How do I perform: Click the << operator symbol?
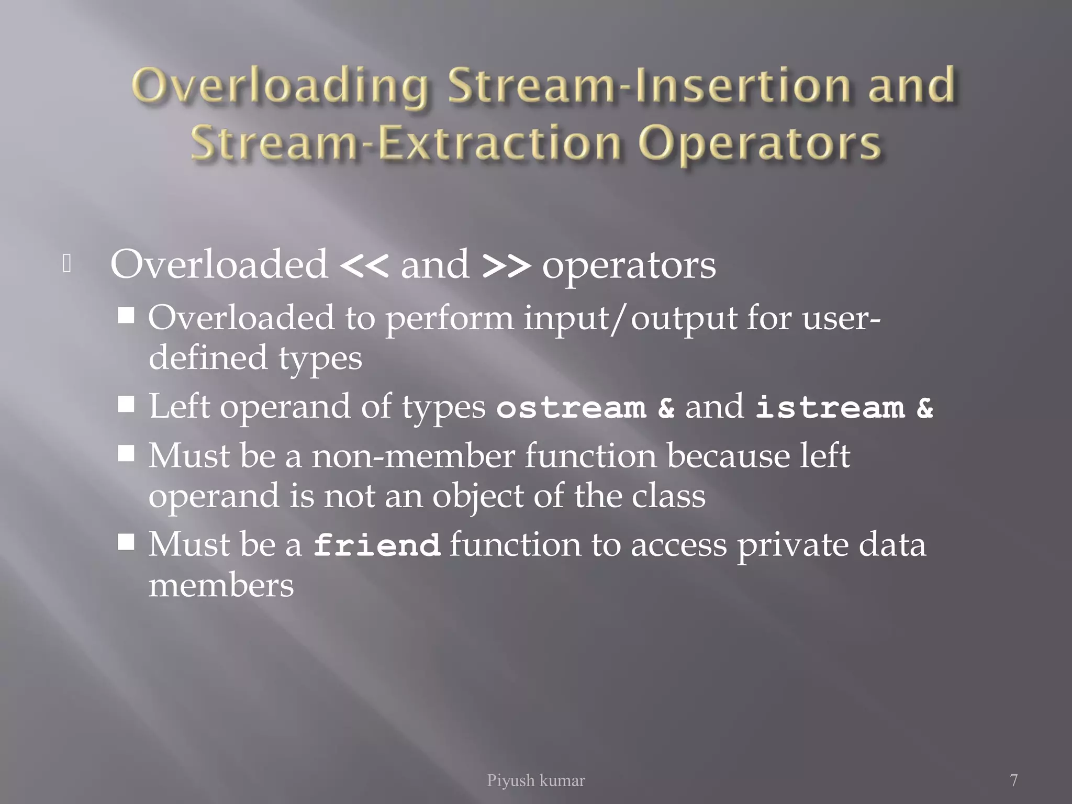point(364,266)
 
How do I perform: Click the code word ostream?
point(571,408)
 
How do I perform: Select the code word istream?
point(830,408)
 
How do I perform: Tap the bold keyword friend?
point(376,545)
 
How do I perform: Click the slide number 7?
point(1014,780)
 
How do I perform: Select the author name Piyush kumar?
point(535,780)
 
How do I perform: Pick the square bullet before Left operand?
point(126,404)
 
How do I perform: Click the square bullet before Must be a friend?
point(126,542)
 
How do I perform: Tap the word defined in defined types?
point(208,358)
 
